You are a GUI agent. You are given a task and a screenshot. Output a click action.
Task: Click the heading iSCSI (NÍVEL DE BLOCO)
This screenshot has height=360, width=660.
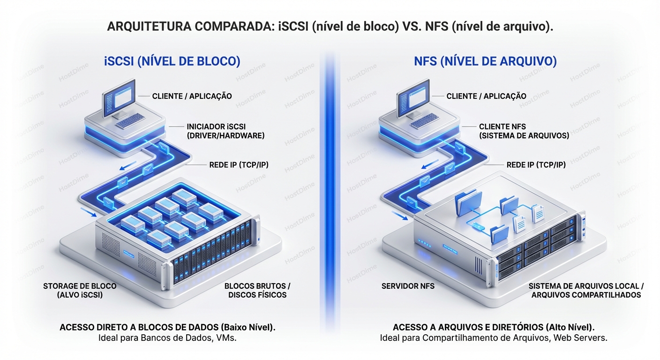pyautogui.click(x=172, y=61)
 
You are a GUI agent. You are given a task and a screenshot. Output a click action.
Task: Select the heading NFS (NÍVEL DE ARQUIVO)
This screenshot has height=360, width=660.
pyautogui.click(x=485, y=61)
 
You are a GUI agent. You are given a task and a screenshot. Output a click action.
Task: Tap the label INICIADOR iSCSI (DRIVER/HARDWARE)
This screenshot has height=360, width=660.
pyautogui.click(x=225, y=131)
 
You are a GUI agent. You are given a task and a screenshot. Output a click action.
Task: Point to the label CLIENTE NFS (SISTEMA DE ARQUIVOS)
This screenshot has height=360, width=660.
pyautogui.click(x=524, y=131)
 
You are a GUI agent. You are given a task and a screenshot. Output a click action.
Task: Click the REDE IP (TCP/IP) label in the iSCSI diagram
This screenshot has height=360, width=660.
pyautogui.click(x=239, y=165)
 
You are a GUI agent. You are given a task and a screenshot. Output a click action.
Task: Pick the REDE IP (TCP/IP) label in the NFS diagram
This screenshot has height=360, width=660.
pyautogui.click(x=536, y=165)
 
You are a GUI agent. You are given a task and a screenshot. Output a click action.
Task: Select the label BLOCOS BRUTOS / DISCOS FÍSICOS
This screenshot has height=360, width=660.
pyautogui.click(x=257, y=290)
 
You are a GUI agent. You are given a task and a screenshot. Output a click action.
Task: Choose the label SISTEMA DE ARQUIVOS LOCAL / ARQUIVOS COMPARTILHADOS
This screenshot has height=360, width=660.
pyautogui.click(x=586, y=290)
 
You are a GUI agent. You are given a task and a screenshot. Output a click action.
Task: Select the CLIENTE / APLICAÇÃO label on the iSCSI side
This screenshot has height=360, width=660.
pyautogui.click(x=192, y=96)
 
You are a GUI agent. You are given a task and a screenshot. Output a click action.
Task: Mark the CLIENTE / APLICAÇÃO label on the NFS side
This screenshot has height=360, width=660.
pyautogui.click(x=486, y=96)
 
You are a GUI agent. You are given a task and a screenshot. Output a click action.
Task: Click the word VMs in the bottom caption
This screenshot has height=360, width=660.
pyautogui.click(x=225, y=338)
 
